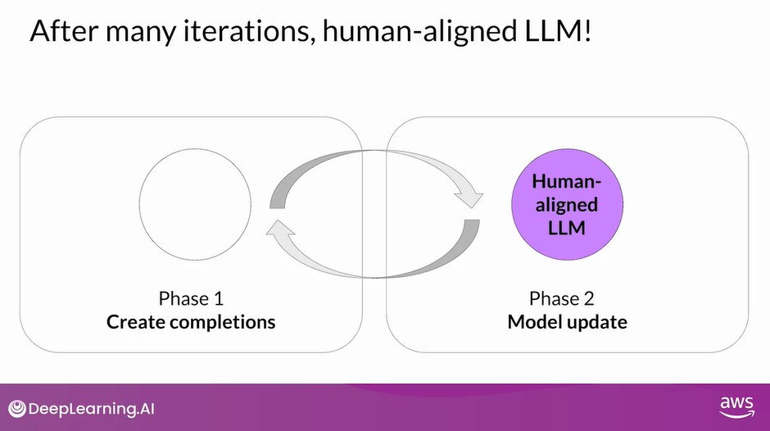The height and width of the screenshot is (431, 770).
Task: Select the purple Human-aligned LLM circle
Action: [567, 204]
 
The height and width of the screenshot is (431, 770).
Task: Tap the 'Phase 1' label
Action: [191, 297]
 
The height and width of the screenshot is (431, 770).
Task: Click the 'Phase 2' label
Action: [567, 297]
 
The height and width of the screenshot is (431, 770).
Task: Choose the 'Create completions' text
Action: [191, 321]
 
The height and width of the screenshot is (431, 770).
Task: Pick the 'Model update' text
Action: [567, 321]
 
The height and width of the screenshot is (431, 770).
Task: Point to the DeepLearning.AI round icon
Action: [17, 408]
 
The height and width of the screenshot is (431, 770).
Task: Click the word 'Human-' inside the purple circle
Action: [567, 182]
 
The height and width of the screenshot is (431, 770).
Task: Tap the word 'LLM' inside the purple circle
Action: [567, 227]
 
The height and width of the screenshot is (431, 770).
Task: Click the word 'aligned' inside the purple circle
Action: [567, 205]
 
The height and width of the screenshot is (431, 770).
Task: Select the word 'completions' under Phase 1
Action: [222, 321]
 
